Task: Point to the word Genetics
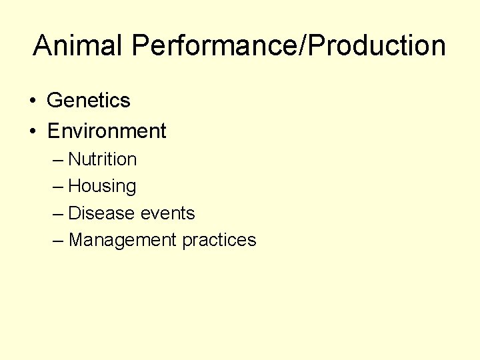[x=89, y=101]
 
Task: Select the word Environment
[x=107, y=131]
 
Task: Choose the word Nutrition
[x=103, y=159]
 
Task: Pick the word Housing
[x=103, y=187]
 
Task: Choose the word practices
[x=219, y=240]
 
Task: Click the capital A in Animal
[x=43, y=45]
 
